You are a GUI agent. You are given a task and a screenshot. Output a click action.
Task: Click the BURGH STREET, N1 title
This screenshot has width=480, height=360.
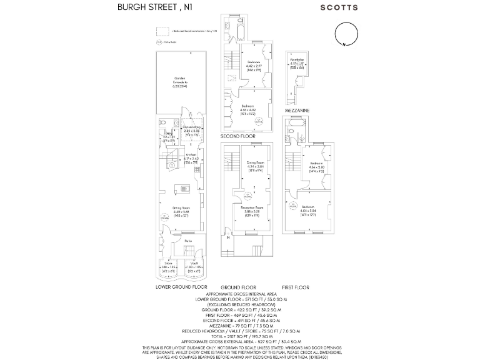[x=152, y=7]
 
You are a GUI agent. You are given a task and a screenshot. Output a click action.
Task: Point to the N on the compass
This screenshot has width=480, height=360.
[x=343, y=45]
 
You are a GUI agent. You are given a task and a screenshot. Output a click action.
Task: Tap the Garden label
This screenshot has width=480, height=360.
[x=180, y=78]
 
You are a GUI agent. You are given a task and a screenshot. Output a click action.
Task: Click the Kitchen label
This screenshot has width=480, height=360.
[x=191, y=156]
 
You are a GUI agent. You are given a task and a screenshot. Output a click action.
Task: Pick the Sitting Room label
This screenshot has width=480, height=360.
[x=181, y=207]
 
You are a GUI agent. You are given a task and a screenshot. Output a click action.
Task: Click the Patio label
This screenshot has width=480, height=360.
[x=187, y=241]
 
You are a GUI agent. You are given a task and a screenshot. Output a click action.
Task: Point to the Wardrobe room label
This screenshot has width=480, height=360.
[x=297, y=60]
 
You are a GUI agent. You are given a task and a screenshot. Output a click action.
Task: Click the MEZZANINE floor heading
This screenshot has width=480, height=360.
[x=297, y=110]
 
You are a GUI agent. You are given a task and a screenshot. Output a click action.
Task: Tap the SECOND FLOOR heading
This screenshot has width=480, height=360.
[x=238, y=136]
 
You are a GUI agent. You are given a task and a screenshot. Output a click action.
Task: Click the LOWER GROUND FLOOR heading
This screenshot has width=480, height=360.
[x=181, y=287]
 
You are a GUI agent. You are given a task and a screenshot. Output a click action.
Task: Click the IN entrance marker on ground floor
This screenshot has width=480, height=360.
[x=229, y=238]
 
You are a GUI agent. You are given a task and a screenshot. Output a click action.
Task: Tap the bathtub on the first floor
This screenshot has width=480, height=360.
[x=294, y=131]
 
